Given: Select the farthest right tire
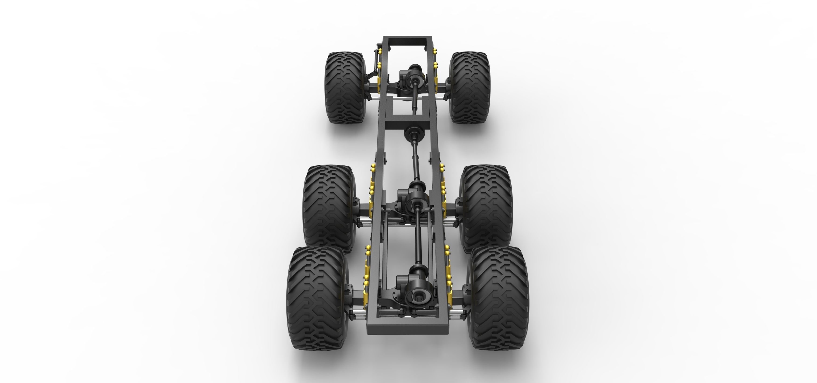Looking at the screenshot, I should click(470, 88).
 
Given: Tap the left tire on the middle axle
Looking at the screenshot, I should click(329, 208).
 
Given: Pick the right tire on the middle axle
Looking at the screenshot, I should click(485, 208).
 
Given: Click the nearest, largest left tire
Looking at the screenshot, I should click(317, 298).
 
